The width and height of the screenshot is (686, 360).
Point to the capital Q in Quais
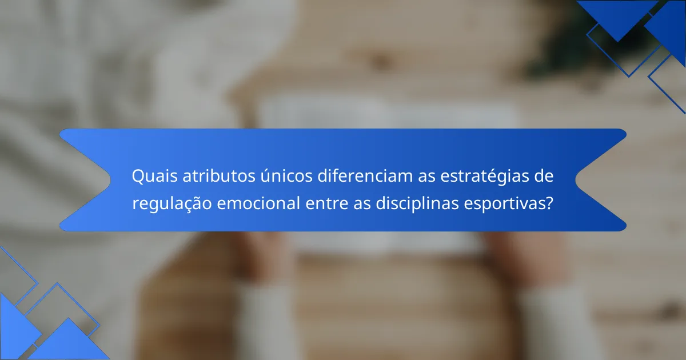click(138, 177)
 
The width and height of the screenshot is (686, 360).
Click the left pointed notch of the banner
click(110, 179)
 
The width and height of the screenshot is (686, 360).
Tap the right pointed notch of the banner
click(576, 179)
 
